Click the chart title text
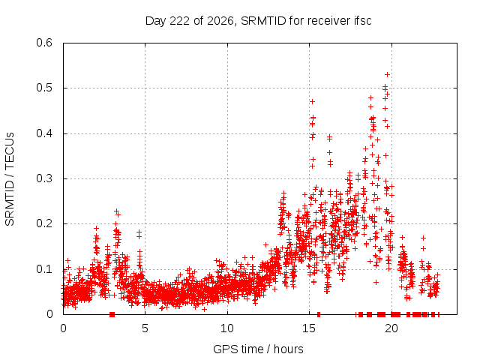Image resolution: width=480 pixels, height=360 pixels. click(258, 21)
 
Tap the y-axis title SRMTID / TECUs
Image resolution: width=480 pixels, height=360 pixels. click(10, 179)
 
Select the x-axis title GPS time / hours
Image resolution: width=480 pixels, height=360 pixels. click(258, 349)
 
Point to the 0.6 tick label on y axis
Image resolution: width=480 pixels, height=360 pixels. click(44, 43)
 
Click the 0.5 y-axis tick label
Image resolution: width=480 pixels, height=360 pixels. click(44, 88)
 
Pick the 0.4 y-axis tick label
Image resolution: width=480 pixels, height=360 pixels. click(44, 133)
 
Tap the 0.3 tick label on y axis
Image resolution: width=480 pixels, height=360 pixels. click(44, 178)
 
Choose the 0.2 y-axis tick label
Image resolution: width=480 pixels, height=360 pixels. click(44, 223)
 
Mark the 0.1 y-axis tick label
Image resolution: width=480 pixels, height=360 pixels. click(44, 269)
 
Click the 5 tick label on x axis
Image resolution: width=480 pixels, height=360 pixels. click(145, 328)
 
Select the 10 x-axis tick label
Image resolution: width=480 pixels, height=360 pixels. click(227, 328)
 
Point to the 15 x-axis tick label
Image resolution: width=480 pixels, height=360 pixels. click(309, 328)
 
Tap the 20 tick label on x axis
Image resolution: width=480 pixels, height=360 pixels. click(391, 328)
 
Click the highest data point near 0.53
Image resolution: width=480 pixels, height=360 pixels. click(387, 75)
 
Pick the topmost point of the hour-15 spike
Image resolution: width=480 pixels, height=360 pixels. click(312, 102)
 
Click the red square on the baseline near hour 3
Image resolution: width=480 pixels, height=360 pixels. click(112, 314)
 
